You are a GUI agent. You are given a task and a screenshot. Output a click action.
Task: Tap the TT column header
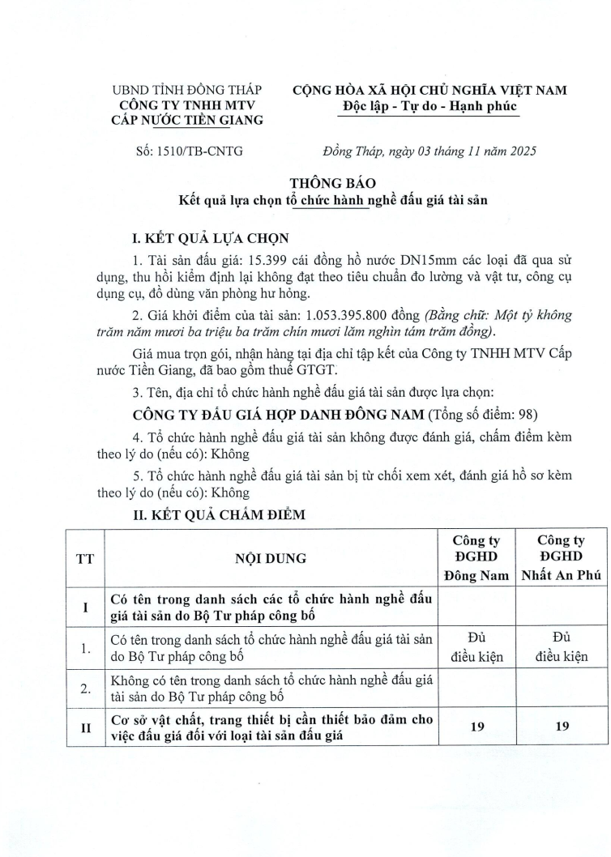(x=83, y=558)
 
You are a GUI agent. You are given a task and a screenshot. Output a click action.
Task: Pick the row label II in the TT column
(x=83, y=727)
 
